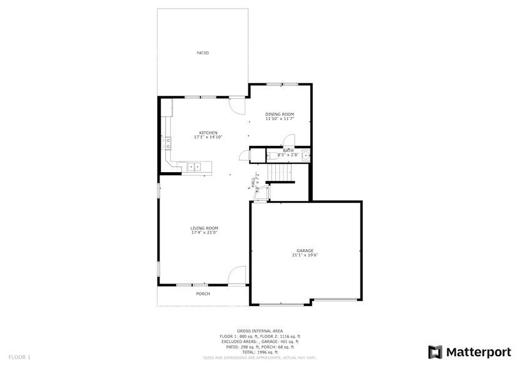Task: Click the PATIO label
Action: click(x=202, y=53)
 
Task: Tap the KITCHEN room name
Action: click(x=208, y=133)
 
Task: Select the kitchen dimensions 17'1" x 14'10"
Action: click(x=208, y=137)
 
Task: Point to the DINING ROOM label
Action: click(x=279, y=114)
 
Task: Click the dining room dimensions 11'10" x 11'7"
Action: click(x=279, y=118)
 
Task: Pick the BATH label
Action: click(x=288, y=150)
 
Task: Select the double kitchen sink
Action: click(x=194, y=167)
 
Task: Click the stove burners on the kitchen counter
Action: click(x=167, y=144)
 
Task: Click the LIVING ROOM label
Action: click(x=204, y=228)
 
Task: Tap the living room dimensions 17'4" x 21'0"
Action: click(x=204, y=233)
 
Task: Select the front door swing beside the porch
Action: click(x=236, y=275)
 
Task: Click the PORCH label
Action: click(x=203, y=294)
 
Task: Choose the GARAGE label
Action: click(x=305, y=250)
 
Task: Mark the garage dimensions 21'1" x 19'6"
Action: click(x=305, y=255)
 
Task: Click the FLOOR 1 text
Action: click(x=19, y=357)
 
